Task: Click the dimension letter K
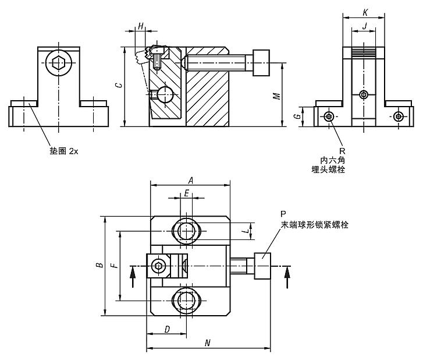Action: click(x=365, y=12)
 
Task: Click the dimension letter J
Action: click(x=365, y=26)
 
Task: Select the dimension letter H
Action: click(x=141, y=26)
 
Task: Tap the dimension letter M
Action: click(x=276, y=96)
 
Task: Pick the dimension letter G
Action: click(x=297, y=116)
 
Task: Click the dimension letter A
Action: click(x=191, y=180)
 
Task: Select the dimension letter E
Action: click(x=186, y=193)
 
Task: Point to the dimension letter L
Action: click(x=245, y=231)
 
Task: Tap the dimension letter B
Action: click(x=99, y=265)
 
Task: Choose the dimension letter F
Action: click(x=115, y=265)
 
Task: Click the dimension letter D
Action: click(x=167, y=329)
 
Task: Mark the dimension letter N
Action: click(x=207, y=343)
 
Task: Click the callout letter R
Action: click(x=342, y=151)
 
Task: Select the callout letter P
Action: click(x=283, y=214)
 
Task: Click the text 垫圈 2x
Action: click(x=64, y=151)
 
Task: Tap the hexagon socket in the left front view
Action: click(x=59, y=63)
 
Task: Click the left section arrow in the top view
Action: click(x=133, y=277)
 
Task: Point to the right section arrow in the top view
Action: click(x=287, y=277)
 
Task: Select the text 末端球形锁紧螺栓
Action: click(x=315, y=224)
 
